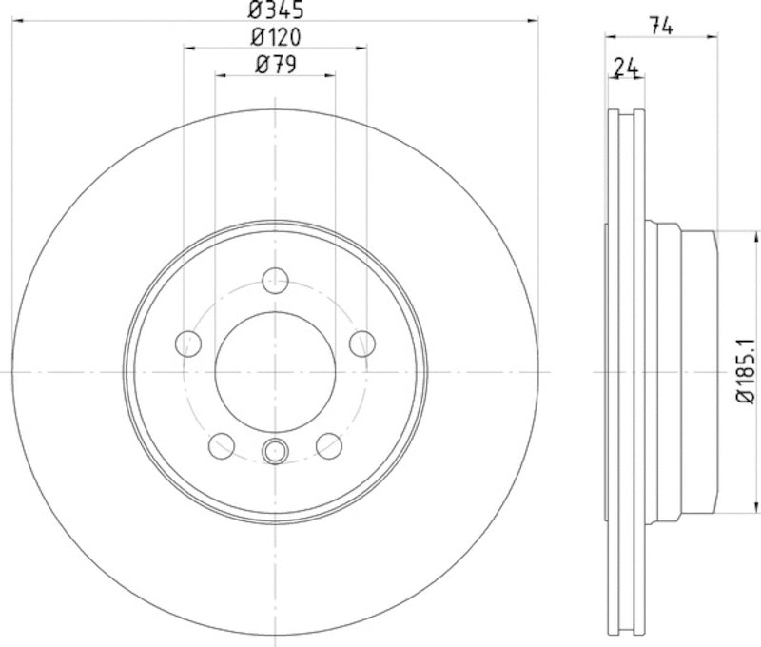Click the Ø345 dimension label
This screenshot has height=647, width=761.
click(x=275, y=10)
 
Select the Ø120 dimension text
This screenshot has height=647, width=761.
click(x=275, y=38)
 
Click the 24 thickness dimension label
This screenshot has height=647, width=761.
click(x=625, y=67)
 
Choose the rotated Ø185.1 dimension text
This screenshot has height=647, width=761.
click(x=745, y=369)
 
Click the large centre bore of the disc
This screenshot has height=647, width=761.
click(x=275, y=371)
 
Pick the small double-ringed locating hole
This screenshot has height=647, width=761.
click(x=275, y=451)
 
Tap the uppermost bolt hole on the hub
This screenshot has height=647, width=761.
click(x=275, y=280)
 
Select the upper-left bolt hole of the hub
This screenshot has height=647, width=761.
click(x=188, y=343)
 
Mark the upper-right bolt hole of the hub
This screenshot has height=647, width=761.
click(x=361, y=343)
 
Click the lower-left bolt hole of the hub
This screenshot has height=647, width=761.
click(x=222, y=444)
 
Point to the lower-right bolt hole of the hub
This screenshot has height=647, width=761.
click(x=328, y=444)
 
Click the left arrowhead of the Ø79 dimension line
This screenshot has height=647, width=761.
click(x=220, y=74)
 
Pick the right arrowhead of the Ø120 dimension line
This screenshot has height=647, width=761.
click(x=361, y=48)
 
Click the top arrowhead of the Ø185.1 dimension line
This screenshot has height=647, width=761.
click(x=729, y=234)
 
